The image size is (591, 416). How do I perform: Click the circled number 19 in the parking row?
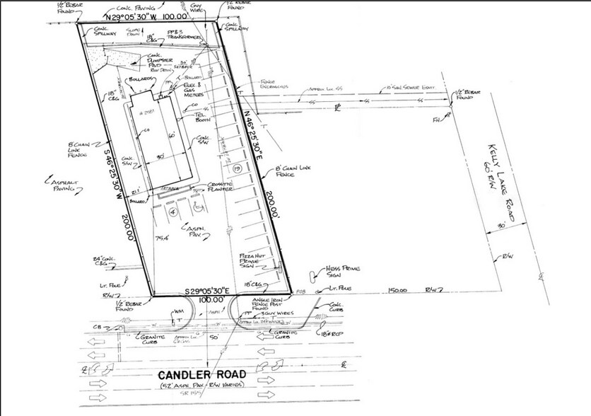click(238, 168)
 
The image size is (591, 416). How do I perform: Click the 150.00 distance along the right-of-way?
click(400, 290)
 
